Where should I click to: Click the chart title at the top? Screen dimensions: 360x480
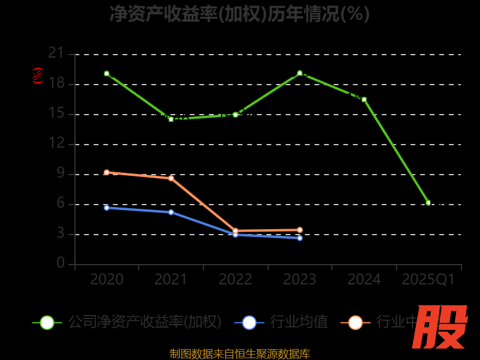[239, 13]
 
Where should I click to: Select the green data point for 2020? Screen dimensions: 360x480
[107, 74]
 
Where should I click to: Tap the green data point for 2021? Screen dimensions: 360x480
[171, 119]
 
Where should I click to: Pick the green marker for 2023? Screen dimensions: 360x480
[300, 73]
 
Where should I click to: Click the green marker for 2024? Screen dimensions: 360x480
[364, 100]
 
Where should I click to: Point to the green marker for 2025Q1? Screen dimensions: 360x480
[428, 203]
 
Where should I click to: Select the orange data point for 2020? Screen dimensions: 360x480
[107, 172]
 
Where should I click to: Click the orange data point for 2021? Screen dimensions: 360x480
[171, 178]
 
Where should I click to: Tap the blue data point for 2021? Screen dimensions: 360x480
[171, 212]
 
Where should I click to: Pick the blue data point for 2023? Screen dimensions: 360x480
[300, 238]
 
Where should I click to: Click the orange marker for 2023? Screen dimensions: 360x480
[300, 230]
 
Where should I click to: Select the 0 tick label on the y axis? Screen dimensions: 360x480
[60, 263]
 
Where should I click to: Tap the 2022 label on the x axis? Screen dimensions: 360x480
[235, 280]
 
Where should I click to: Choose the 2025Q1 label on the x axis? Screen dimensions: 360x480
[428, 280]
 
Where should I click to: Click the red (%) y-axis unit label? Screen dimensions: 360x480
[38, 76]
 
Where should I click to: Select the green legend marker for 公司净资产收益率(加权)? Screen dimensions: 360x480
[47, 322]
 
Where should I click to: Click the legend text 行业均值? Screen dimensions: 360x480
[299, 322]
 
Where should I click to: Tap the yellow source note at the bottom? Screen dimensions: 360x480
[239, 353]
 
